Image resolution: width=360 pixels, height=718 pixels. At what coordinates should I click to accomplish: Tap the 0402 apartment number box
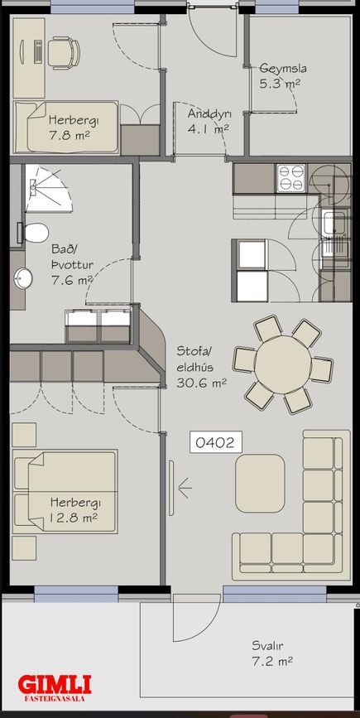point(215,442)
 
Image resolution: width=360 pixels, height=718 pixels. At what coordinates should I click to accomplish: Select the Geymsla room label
point(283,69)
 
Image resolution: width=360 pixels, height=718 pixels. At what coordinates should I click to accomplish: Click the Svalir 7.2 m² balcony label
point(271,653)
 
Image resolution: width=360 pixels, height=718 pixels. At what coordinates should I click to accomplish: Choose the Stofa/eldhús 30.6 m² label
point(201,367)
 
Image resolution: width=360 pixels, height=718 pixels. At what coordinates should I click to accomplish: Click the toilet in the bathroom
point(33,234)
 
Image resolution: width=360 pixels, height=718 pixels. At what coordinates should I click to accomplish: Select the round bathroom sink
point(23,279)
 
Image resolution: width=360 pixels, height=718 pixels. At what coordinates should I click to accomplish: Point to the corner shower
point(47,189)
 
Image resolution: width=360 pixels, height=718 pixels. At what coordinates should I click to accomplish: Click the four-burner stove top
point(291,178)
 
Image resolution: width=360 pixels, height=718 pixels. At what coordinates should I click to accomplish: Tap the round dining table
point(283,364)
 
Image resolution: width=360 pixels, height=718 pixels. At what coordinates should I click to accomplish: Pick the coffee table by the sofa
point(260,483)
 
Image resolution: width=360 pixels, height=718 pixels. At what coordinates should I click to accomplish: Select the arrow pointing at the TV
point(185,488)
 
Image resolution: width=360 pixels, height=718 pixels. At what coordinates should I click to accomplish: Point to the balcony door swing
point(196,617)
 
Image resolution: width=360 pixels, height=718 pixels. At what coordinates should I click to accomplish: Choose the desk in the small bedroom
point(29,58)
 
